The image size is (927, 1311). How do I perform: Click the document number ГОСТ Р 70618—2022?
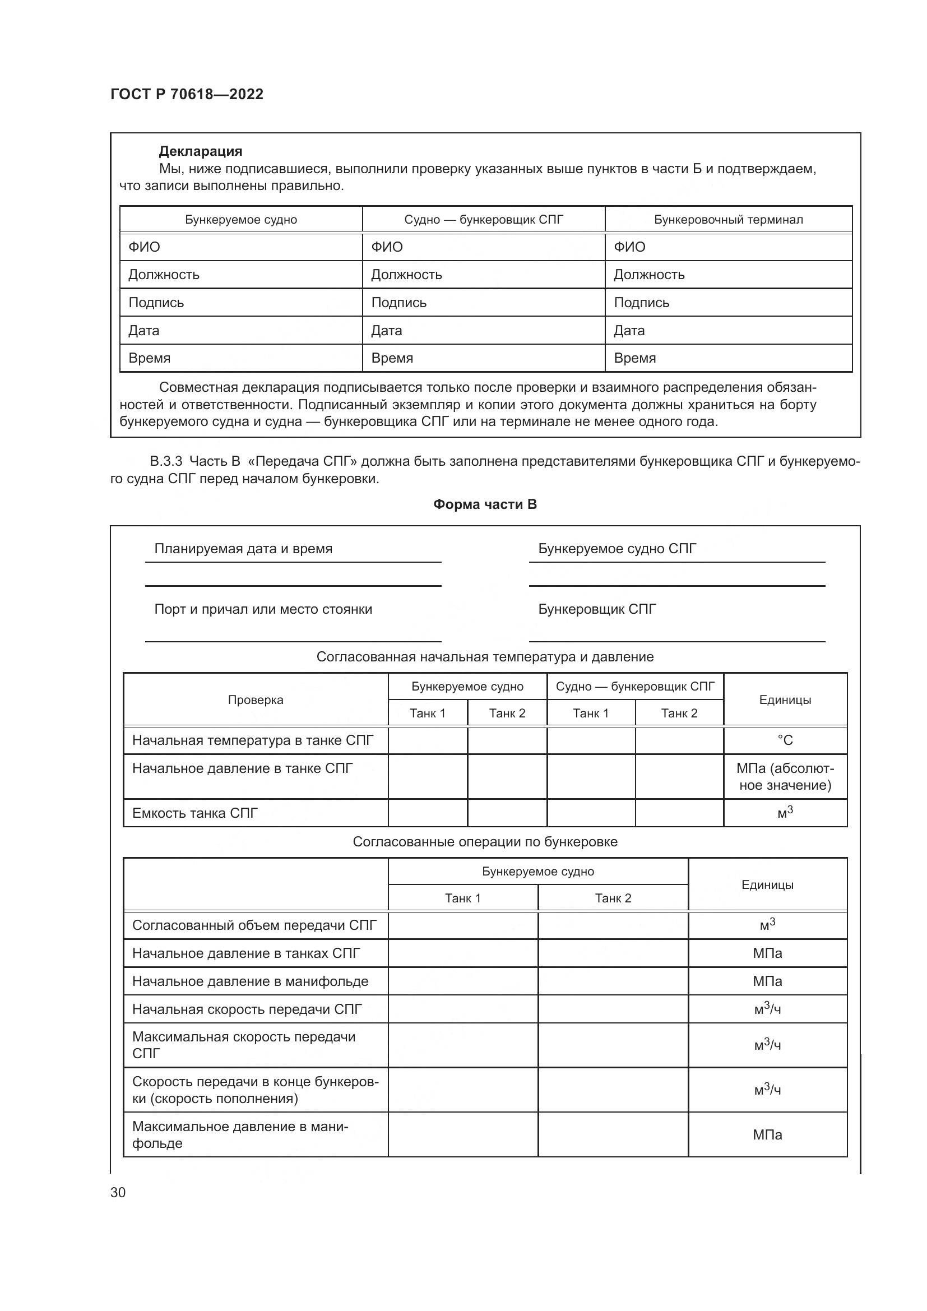187,94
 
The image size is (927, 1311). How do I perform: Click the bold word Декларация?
200,151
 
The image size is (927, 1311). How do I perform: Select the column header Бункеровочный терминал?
728,220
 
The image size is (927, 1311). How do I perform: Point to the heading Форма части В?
485,504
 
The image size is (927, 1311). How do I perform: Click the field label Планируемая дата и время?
243,549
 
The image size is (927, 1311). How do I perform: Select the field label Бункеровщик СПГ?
597,609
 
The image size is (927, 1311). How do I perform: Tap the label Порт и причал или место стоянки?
263,609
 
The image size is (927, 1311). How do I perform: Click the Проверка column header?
255,700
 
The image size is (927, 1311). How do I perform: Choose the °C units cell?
785,740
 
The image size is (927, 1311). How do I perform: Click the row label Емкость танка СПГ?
195,813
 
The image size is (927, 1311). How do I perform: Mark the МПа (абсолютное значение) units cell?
785,776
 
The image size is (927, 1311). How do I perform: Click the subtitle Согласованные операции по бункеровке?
485,842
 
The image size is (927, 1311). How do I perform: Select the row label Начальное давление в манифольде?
250,981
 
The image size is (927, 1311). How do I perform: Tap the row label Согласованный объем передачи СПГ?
254,925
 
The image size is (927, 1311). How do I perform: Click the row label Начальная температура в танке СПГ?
252,740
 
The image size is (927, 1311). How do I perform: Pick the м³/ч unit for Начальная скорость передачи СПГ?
767,1009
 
